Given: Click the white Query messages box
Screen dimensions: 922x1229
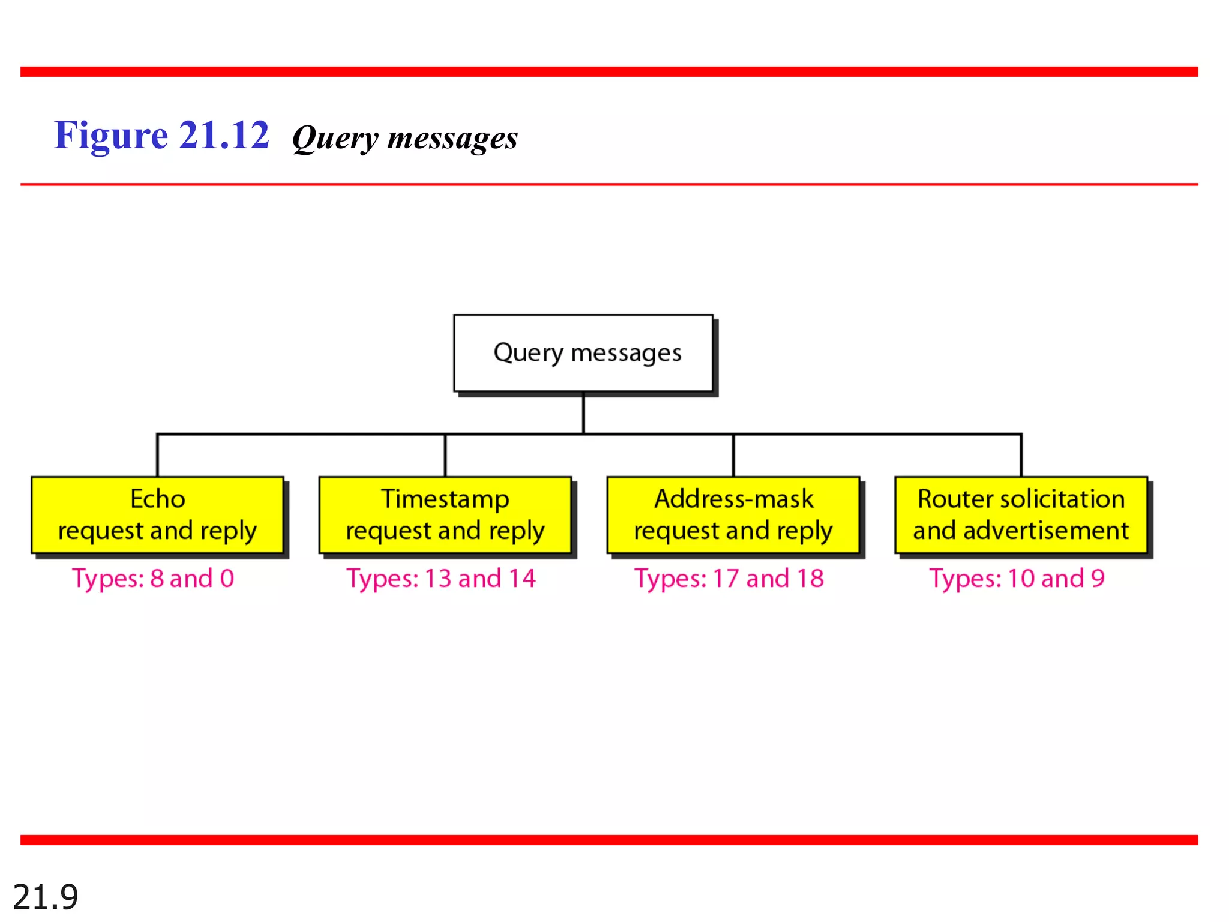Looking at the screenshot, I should [x=583, y=353].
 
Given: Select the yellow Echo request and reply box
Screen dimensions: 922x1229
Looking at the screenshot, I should [x=157, y=515].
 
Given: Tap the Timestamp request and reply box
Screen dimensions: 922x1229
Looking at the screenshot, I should [x=445, y=515].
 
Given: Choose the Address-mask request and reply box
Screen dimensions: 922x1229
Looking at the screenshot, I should [x=733, y=515].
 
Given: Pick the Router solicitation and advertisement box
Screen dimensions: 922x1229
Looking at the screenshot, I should [x=1021, y=515].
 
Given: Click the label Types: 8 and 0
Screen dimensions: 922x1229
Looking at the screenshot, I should [x=153, y=579].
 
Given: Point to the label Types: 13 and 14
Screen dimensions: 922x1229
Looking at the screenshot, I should [x=441, y=579].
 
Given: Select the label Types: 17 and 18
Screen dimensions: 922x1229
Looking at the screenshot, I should [x=729, y=579].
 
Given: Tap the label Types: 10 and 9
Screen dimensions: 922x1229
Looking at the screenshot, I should [x=1017, y=579].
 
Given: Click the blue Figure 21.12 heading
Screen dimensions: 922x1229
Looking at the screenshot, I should [x=161, y=135].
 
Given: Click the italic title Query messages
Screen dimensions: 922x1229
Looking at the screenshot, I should [x=405, y=138].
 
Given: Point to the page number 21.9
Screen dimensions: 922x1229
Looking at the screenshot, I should [x=46, y=897].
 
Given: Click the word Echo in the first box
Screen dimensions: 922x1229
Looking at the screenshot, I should [x=158, y=499].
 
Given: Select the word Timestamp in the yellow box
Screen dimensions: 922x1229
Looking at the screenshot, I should [x=445, y=499].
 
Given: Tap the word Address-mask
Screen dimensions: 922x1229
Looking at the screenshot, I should [x=733, y=499].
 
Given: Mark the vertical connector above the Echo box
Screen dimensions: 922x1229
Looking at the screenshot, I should [x=157, y=456].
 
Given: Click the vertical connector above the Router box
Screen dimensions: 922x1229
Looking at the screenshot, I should [x=1021, y=456].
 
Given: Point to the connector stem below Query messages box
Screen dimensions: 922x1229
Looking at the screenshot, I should [x=583, y=413].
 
